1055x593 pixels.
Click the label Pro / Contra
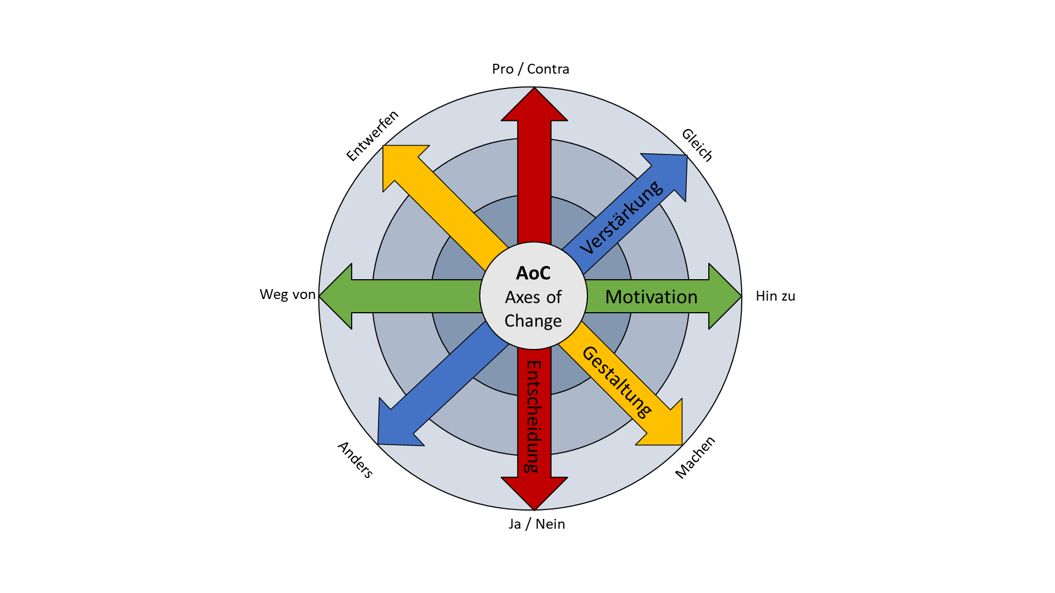[530, 69]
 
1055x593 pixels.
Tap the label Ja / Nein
[536, 524]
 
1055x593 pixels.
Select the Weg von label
[287, 295]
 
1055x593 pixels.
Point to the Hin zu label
[775, 296]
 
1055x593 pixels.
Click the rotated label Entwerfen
[372, 135]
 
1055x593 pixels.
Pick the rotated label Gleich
[697, 145]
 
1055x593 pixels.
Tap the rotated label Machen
[695, 457]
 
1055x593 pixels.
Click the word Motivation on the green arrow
[651, 297]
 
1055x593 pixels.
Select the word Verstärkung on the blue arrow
[621, 218]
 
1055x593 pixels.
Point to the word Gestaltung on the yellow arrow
[617, 381]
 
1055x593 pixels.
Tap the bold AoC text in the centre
[533, 273]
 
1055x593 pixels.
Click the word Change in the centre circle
[533, 321]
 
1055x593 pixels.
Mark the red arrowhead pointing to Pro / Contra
[534, 107]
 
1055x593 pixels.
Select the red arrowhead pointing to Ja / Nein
[534, 490]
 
